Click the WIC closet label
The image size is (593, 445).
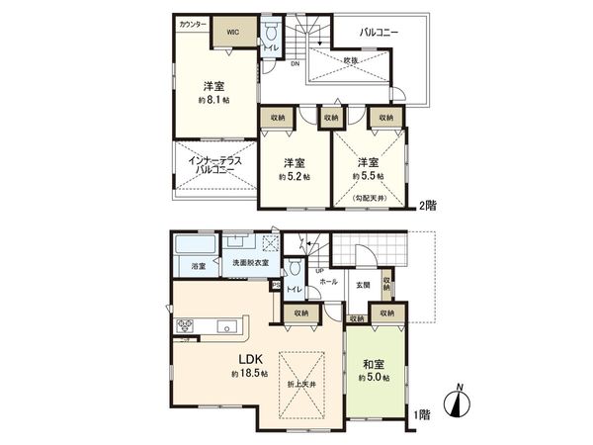(x=233, y=32)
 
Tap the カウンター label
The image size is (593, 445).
(x=193, y=23)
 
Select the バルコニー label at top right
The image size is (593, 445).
(x=379, y=33)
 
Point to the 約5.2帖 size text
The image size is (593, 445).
(x=294, y=176)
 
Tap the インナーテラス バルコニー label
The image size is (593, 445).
(x=209, y=165)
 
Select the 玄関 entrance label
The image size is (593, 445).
(x=362, y=284)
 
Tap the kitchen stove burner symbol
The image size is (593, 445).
(x=185, y=326)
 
